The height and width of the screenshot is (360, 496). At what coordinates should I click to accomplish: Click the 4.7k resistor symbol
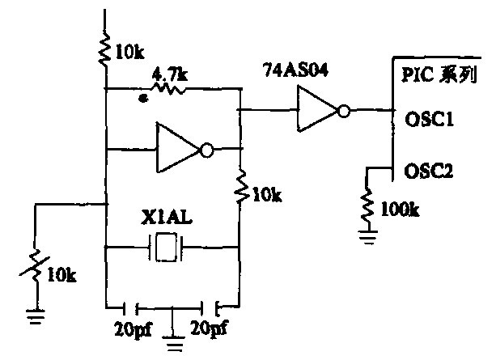tap(169, 88)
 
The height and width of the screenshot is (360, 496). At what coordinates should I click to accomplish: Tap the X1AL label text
tap(167, 218)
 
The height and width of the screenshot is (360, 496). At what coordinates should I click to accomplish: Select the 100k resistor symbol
tap(368, 205)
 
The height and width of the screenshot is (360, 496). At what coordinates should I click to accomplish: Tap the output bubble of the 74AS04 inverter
tap(345, 111)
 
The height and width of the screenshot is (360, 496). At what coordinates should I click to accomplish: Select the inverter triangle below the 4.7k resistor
tap(179, 149)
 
